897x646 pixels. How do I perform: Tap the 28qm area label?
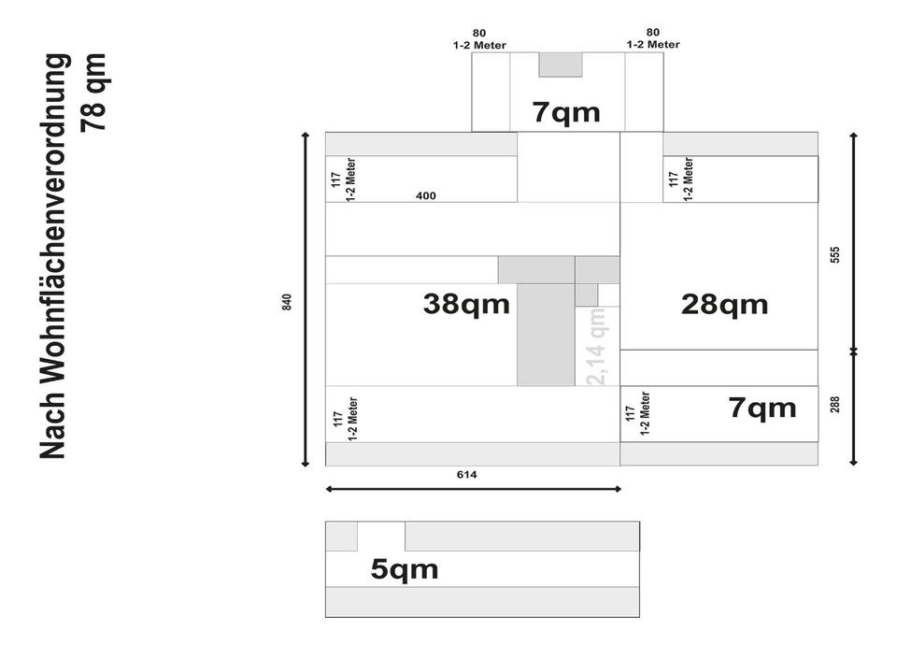(724, 304)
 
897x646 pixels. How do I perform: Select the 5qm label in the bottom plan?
(404, 568)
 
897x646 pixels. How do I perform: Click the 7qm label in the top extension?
(566, 113)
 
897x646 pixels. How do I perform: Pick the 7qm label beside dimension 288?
(762, 408)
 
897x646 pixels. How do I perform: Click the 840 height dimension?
(287, 302)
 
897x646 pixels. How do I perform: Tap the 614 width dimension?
(467, 475)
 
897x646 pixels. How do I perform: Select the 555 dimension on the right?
(835, 254)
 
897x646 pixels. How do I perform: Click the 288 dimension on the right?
(835, 404)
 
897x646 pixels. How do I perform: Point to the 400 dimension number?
(426, 196)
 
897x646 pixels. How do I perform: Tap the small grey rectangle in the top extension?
(561, 65)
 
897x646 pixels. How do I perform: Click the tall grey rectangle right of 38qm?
(546, 334)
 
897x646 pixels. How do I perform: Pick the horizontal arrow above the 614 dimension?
(472, 488)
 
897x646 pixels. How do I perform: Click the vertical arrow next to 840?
(306, 299)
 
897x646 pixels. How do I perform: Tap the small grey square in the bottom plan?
(341, 537)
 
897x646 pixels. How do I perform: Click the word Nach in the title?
(55, 425)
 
